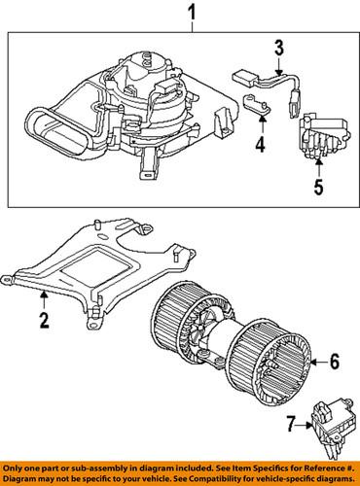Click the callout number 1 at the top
coord(191,14)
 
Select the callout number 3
coord(278,47)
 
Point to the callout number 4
coord(260,147)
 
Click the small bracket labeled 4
coord(255,110)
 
